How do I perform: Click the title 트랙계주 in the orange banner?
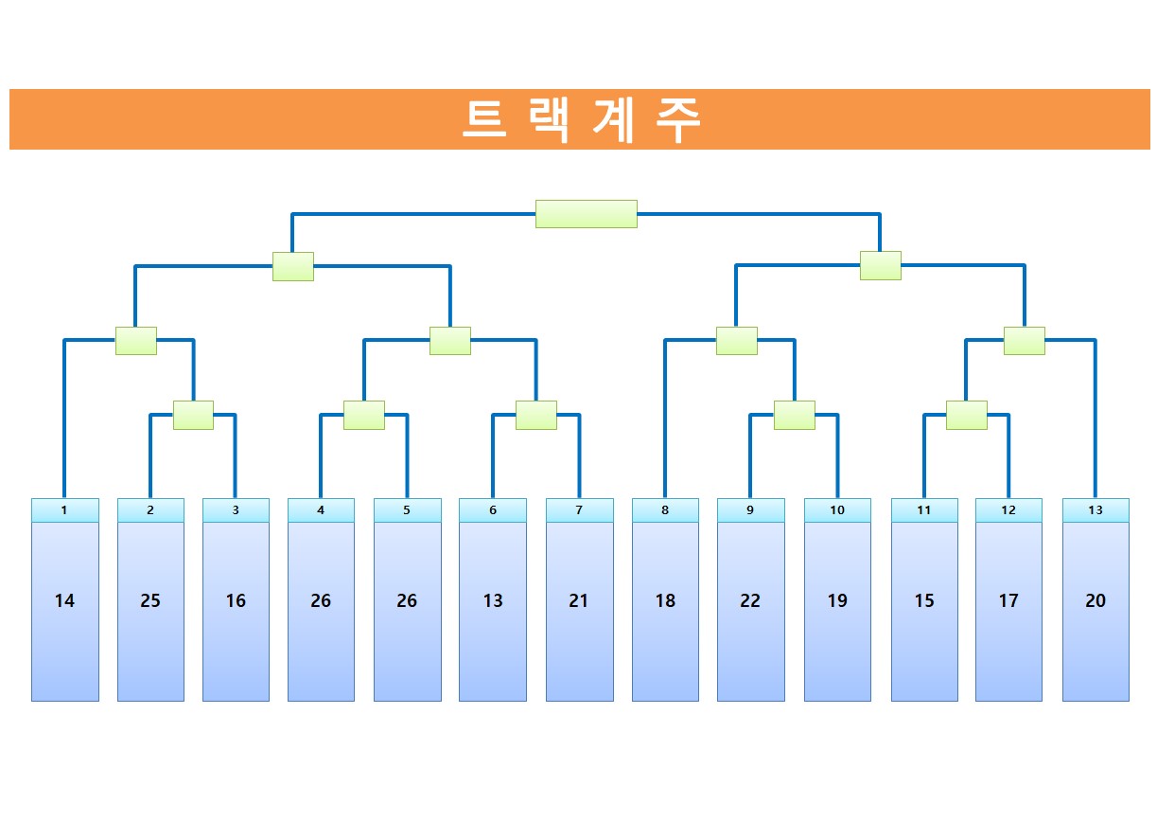(x=581, y=120)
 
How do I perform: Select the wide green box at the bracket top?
(x=586, y=214)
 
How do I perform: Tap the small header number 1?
(x=64, y=510)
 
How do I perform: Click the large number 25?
(x=150, y=600)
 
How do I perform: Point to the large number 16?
(x=236, y=600)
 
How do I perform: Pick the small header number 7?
(x=579, y=510)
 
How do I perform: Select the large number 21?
(x=579, y=600)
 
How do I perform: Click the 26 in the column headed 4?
(x=321, y=600)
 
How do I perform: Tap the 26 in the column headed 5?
(x=407, y=600)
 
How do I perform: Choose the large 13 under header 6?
(x=493, y=600)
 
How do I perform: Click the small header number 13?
(x=1096, y=510)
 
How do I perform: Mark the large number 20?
(x=1096, y=600)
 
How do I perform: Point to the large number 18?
(x=665, y=600)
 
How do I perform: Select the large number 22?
(x=750, y=600)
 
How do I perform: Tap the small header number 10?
(x=837, y=510)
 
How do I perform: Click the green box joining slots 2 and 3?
(x=193, y=415)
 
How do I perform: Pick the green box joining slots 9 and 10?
(x=794, y=415)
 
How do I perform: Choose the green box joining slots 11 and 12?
(x=966, y=415)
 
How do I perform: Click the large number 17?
(x=1008, y=600)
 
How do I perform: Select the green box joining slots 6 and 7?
(x=535, y=415)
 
